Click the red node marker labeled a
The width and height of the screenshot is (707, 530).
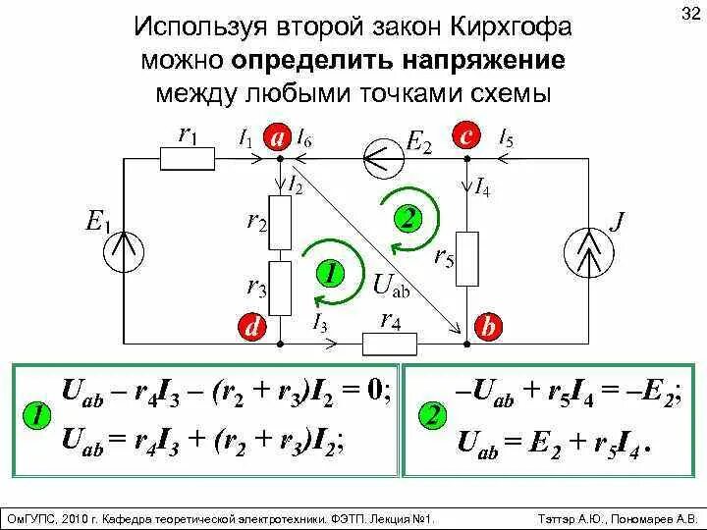pyautogui.click(x=278, y=139)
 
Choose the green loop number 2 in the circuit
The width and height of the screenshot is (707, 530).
pyautogui.click(x=405, y=217)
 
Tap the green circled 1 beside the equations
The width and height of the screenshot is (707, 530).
pyautogui.click(x=36, y=416)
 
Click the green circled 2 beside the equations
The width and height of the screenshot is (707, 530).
pyautogui.click(x=431, y=415)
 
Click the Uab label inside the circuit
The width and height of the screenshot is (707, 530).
pyautogui.click(x=391, y=285)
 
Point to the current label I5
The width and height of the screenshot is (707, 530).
pyautogui.click(x=506, y=138)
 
